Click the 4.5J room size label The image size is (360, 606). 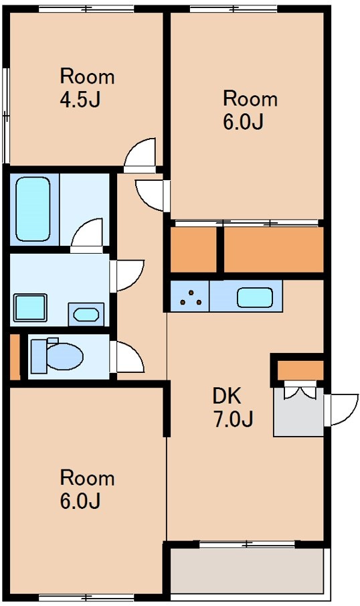80,100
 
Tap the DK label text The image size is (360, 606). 227,396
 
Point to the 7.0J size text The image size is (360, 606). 234,419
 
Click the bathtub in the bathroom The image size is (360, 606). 33,209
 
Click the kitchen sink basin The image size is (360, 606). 255,297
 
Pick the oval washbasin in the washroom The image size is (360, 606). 86,315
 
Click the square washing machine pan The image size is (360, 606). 30,307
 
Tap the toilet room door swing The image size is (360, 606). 130,357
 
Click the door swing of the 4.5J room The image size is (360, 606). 140,155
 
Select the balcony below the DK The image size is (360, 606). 247,570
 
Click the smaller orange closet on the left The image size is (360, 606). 193,250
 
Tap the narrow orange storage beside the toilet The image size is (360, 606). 14,356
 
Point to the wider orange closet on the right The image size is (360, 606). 274,250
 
